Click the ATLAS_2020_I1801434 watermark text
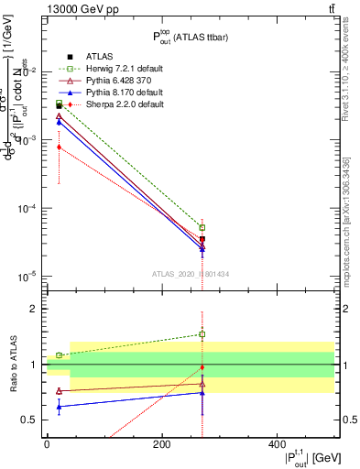(x=190, y=274)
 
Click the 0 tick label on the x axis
(x=47, y=443)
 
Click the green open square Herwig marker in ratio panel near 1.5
(x=202, y=334)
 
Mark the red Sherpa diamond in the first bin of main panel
(x=59, y=147)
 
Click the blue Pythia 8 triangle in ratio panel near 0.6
(x=59, y=407)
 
